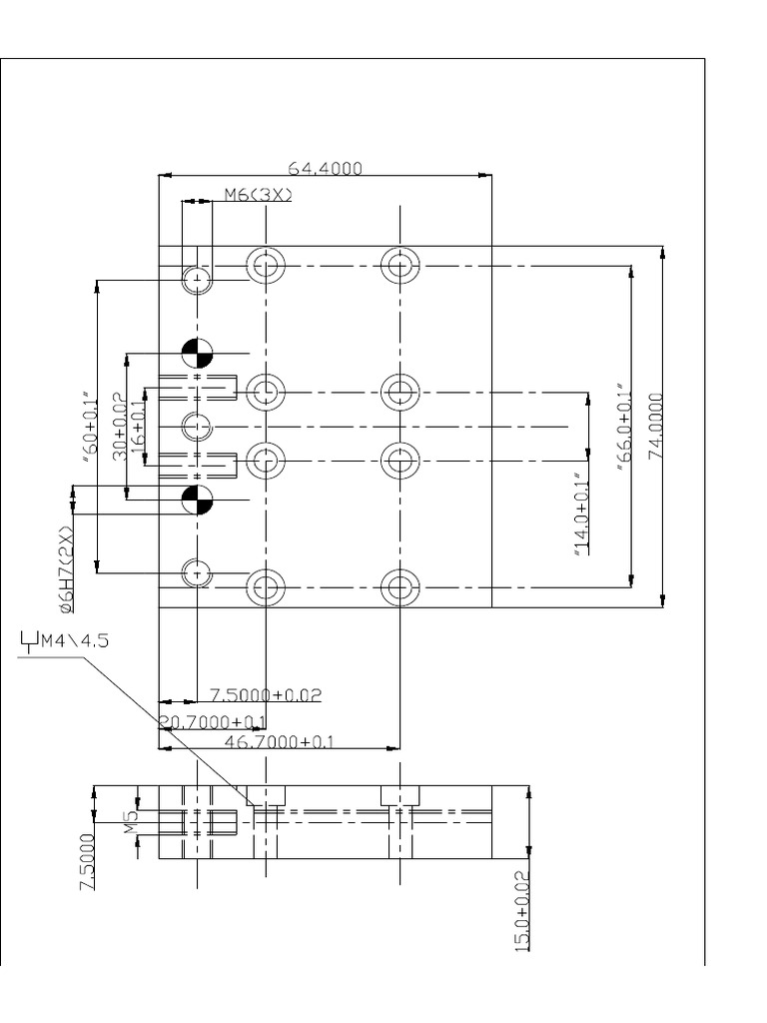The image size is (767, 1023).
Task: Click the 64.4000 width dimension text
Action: (324, 169)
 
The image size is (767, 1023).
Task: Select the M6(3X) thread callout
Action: (258, 196)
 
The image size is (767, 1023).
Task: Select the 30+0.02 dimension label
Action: (119, 428)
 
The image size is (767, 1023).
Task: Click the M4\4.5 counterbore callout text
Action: (68, 640)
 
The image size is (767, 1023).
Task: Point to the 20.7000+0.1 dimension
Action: (214, 721)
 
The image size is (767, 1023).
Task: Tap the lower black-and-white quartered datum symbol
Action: (198, 500)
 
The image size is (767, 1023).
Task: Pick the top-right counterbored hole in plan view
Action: (399, 265)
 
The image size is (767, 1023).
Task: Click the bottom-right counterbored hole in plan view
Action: (399, 587)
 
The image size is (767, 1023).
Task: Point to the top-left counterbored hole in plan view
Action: (266, 265)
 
